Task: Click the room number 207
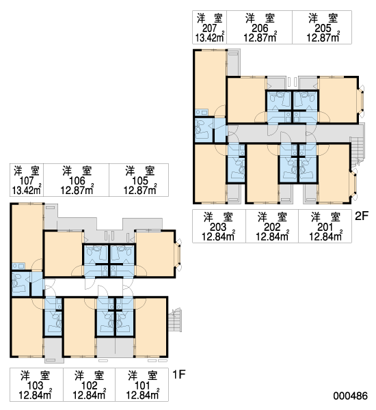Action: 210,28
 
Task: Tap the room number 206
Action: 260,28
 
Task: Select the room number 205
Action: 323,28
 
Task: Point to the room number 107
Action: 27,180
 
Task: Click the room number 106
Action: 77,180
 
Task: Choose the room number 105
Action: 140,180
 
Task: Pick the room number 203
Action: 218,227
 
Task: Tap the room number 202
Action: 272,227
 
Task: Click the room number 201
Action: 325,227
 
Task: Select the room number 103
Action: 35,385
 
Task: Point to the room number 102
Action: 90,385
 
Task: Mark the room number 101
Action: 142,385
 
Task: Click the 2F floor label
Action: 362,216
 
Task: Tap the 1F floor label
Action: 179,374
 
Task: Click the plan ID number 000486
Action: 350,396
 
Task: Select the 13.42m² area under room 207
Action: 210,38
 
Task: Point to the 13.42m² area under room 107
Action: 27,190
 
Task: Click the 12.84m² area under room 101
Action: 143,395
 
